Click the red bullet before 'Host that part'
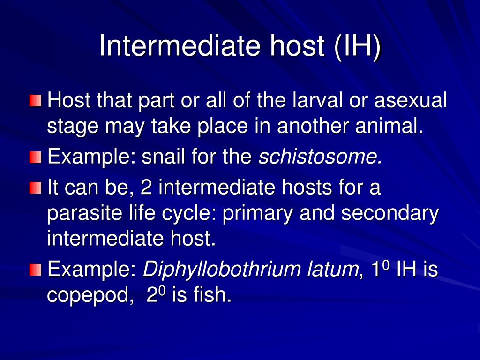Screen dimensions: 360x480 [35, 101]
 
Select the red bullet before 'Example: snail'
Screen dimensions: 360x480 [35, 157]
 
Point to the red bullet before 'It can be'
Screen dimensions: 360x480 [35, 188]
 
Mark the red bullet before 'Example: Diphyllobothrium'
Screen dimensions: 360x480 [35, 270]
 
